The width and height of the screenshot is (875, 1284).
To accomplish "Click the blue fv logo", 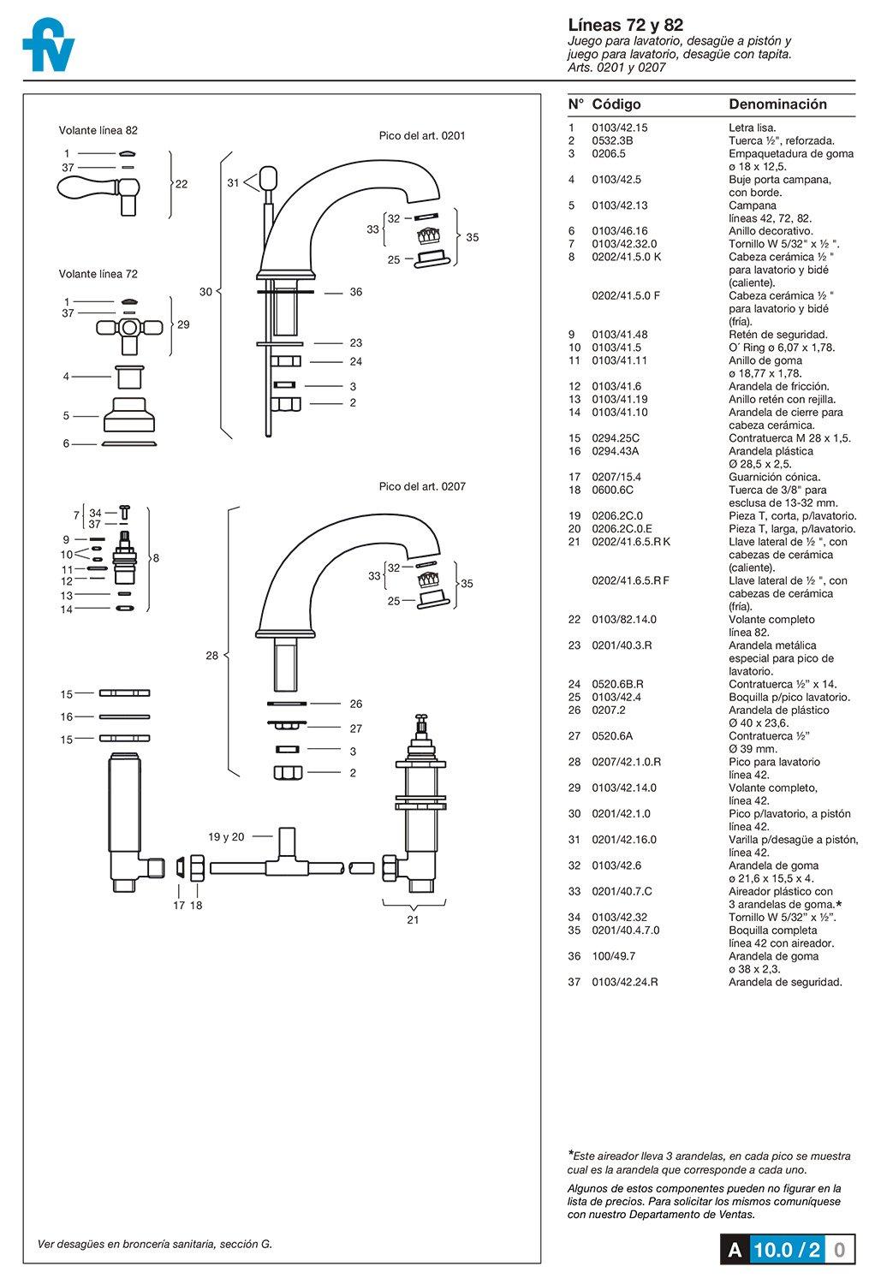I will (x=48, y=46).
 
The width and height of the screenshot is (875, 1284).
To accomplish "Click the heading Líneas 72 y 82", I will (x=625, y=25).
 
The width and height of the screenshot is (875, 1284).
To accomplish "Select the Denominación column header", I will (x=777, y=104).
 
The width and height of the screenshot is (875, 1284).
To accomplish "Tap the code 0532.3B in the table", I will (x=612, y=141).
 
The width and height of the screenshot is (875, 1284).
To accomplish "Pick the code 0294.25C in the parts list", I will (x=616, y=438).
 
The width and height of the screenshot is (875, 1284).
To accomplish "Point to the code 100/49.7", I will (x=613, y=956).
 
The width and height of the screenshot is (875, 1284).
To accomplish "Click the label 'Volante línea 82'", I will (x=98, y=131).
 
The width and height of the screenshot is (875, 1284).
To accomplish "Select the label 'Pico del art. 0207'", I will (x=422, y=486).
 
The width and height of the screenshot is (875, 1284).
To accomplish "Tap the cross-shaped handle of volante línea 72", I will (x=129, y=328).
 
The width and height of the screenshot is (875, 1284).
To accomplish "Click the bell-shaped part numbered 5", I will (x=129, y=415).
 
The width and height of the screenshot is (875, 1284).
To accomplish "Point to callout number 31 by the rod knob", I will (x=233, y=183).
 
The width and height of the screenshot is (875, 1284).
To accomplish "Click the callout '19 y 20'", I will (x=226, y=837).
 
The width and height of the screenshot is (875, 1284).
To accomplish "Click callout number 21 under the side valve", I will (x=413, y=920).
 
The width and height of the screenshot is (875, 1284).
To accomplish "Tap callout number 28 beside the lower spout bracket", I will (x=211, y=656).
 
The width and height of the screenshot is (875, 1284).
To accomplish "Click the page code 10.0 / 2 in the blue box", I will (x=787, y=1250).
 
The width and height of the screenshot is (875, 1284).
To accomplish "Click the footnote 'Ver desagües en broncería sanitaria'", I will (x=155, y=1244).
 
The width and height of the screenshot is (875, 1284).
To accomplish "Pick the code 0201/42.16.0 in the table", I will (x=624, y=840).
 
